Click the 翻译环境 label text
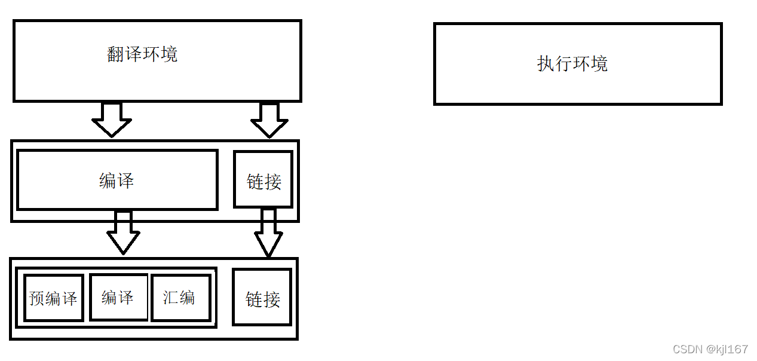click(x=142, y=54)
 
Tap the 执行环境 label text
click(x=572, y=63)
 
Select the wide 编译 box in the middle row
click(x=117, y=180)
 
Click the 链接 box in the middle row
click(x=263, y=179)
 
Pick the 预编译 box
click(x=53, y=298)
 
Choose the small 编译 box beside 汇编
click(x=118, y=297)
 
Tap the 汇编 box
click(x=180, y=297)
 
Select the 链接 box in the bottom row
click(x=262, y=298)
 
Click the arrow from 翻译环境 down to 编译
click(x=112, y=120)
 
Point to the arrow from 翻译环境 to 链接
click(x=269, y=120)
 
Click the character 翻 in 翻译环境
click(x=116, y=54)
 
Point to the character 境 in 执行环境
click(x=599, y=63)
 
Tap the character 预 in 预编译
click(x=37, y=298)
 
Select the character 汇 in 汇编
click(x=171, y=297)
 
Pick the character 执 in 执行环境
click(x=546, y=63)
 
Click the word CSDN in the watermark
click(x=685, y=350)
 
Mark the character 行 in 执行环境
click(x=563, y=63)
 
